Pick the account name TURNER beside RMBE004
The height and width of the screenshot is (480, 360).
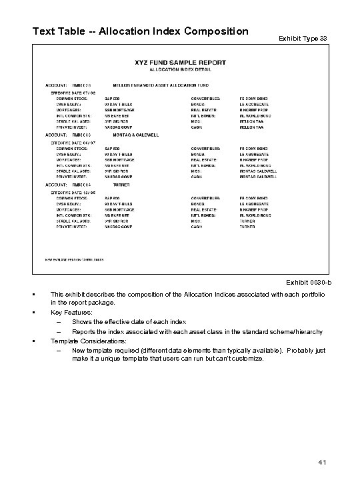(120, 184)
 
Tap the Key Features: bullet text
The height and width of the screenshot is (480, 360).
(70, 312)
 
